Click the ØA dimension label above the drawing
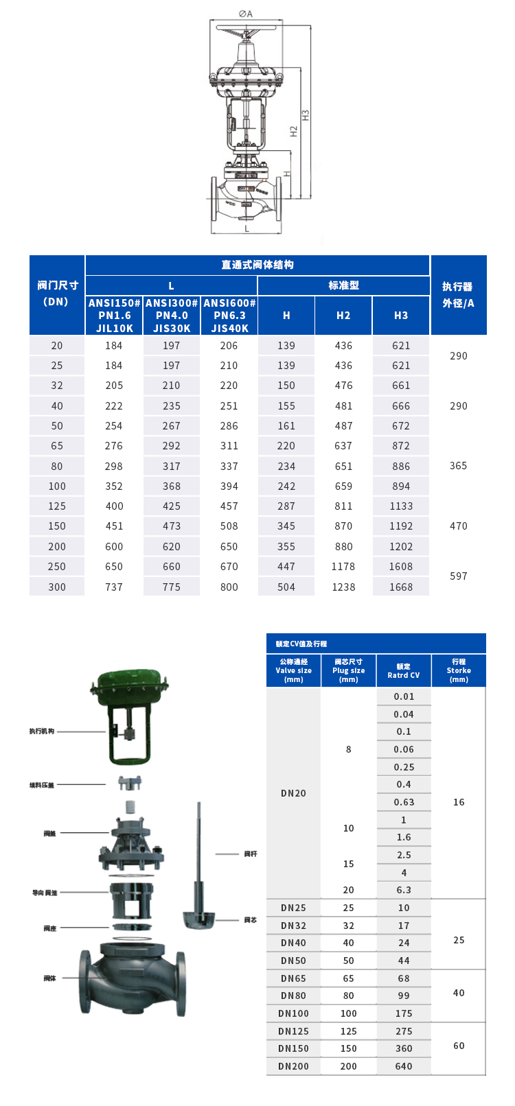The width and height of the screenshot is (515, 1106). point(245,13)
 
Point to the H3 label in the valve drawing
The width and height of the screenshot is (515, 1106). point(306,115)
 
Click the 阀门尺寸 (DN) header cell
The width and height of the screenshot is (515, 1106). point(57,294)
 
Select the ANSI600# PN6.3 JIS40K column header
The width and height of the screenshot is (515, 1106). point(229,316)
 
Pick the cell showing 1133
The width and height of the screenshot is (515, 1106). point(401,506)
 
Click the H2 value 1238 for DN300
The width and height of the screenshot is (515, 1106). point(343,587)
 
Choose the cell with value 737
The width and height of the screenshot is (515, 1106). point(114,587)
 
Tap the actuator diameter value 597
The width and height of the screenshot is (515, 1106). point(459,576)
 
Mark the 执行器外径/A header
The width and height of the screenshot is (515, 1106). point(458,295)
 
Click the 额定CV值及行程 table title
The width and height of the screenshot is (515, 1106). point(301,644)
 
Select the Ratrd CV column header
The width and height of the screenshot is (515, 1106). point(404,671)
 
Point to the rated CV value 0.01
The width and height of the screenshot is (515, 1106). point(404,696)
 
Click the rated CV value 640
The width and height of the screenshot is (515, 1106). point(404,1066)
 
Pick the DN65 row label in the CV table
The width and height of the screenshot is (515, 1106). point(293,978)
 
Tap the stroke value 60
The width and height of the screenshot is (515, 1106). point(459,1046)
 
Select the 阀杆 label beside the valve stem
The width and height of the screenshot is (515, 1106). point(251,854)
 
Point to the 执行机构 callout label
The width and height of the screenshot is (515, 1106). point(42,731)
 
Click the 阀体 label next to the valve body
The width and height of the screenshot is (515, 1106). point(49,978)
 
